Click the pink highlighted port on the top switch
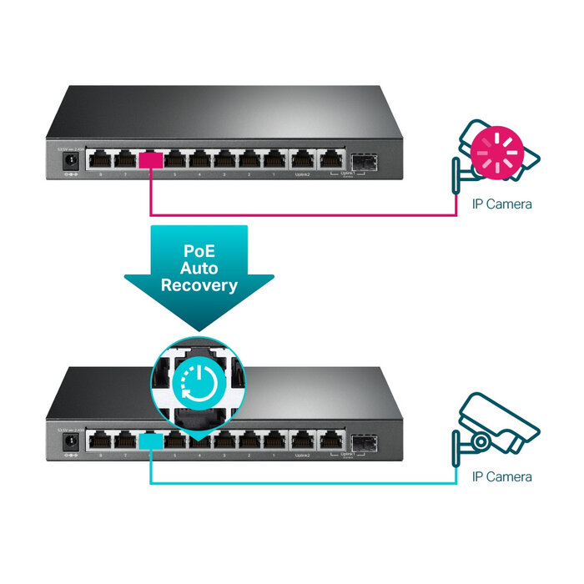[x=151, y=159]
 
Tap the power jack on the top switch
[x=73, y=160]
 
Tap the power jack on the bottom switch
[x=73, y=441]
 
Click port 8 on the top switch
[x=101, y=159]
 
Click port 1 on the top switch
[x=274, y=159]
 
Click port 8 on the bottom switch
[x=101, y=439]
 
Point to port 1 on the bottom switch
[x=274, y=439]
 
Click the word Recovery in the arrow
[x=199, y=285]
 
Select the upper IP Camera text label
[x=502, y=204]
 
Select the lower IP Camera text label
[x=502, y=477]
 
